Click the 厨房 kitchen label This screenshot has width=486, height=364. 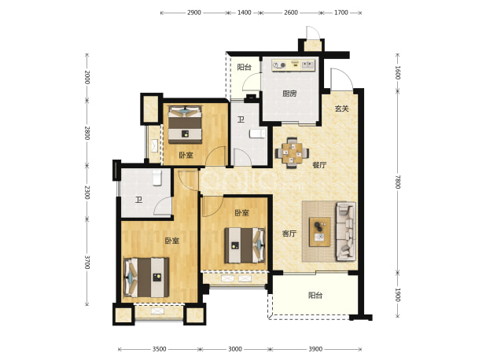pyautogui.click(x=289, y=94)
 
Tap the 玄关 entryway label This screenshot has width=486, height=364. pyautogui.click(x=342, y=108)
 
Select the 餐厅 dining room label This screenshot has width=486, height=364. pyautogui.click(x=319, y=165)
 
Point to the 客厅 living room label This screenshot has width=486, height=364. pyautogui.click(x=289, y=233)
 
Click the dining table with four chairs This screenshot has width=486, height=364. pyautogui.click(x=292, y=153)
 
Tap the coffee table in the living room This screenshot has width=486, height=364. pyautogui.click(x=320, y=232)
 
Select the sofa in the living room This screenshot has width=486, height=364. pyautogui.click(x=345, y=231)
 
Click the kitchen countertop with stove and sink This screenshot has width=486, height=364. pyautogui.click(x=293, y=65)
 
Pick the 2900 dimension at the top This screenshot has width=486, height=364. pyautogui.click(x=194, y=13)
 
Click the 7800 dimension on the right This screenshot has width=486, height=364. pyautogui.click(x=398, y=182)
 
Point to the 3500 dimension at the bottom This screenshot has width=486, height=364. pyautogui.click(x=160, y=349)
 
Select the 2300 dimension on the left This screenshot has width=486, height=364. pyautogui.click(x=87, y=193)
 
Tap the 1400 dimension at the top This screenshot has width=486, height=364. pyautogui.click(x=245, y=13)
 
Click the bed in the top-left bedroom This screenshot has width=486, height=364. pyautogui.click(x=185, y=124)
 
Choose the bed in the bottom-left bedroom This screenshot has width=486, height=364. pyautogui.click(x=146, y=278)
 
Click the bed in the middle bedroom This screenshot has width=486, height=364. pyautogui.click(x=245, y=245)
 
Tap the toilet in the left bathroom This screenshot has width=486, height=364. pyautogui.click(x=157, y=178)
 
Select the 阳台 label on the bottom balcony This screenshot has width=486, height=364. pyautogui.click(x=315, y=296)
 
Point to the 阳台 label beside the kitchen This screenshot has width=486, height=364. pyautogui.click(x=244, y=68)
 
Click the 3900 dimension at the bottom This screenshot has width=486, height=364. pyautogui.click(x=315, y=349)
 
